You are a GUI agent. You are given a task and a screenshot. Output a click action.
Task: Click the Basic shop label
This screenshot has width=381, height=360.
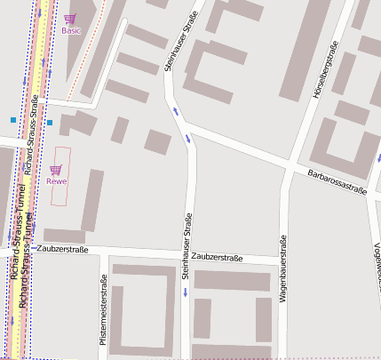70,30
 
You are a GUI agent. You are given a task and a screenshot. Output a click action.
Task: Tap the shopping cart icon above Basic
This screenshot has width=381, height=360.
70,19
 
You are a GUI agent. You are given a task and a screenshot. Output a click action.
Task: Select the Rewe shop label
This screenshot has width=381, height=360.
58,181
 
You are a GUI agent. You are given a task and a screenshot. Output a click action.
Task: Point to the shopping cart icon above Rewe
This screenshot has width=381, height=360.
56,169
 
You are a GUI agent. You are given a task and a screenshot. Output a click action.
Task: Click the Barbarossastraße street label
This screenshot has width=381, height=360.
337,180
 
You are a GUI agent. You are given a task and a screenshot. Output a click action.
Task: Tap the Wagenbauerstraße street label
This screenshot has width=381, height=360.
282,270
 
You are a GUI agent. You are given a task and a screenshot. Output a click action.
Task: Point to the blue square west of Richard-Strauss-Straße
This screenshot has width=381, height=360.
13,118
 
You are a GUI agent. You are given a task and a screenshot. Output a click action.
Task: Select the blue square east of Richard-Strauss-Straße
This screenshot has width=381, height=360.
50,122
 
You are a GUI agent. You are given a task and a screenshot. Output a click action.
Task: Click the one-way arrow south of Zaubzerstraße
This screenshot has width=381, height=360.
186,291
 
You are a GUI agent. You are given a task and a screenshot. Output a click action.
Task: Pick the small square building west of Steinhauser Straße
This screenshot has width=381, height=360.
157,142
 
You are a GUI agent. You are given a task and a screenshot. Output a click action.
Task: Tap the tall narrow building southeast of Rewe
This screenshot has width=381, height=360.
91,200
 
